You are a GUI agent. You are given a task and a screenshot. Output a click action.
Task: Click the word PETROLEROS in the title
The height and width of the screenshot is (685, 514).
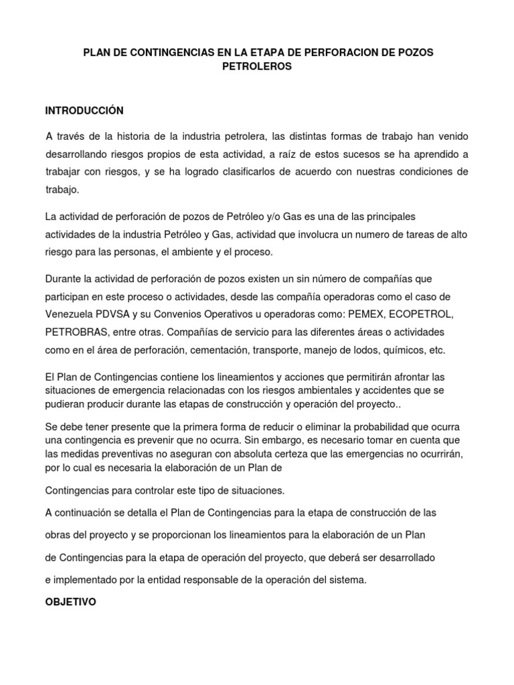pos(257,68)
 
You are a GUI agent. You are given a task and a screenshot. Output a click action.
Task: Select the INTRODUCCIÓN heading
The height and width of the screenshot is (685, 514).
pos(84,110)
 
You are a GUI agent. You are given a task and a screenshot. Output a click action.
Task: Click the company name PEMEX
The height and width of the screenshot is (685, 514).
pos(323,314)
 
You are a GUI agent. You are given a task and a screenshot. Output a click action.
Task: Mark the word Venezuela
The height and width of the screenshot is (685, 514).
pos(70,314)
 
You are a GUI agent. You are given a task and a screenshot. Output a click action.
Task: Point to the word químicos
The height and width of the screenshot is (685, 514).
pos(404,350)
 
